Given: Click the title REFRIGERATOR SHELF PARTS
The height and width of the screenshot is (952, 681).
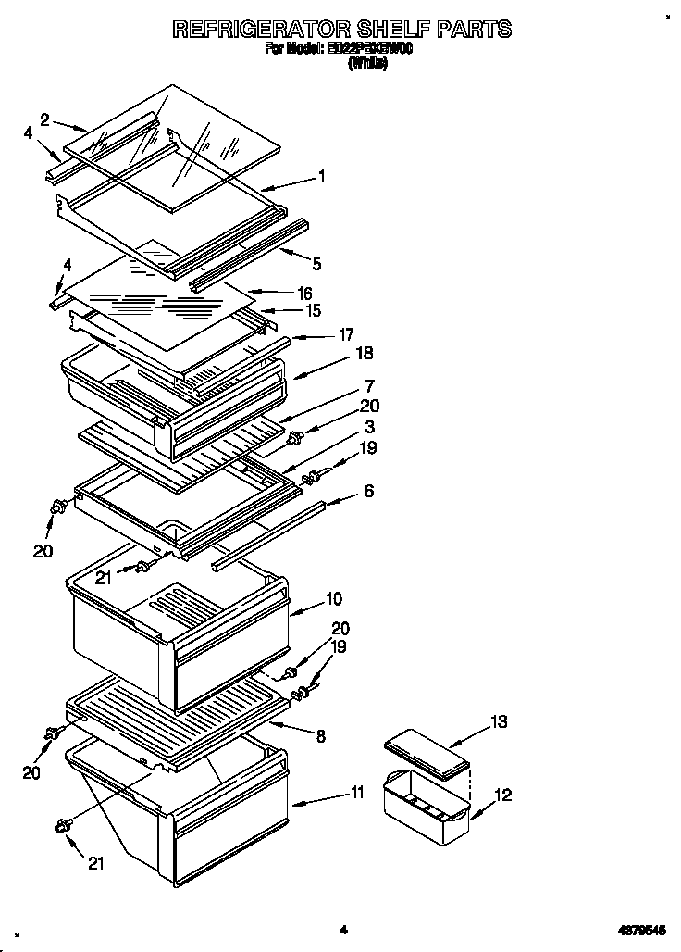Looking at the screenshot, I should click(341, 30).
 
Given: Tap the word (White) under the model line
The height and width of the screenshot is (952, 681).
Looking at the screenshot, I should click(367, 64).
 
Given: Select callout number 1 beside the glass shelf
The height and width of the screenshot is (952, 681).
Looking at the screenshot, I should click(321, 175).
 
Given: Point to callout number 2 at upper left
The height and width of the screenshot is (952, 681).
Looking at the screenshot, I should click(43, 118).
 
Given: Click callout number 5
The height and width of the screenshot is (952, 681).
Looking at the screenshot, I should click(316, 264).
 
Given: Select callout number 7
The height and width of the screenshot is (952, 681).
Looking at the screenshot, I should click(368, 385).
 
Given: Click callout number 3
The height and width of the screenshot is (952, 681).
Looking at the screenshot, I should click(368, 426).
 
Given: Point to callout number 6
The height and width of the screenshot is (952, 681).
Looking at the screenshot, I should click(368, 491).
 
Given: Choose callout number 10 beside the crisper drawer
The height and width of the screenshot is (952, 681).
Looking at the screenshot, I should click(332, 597).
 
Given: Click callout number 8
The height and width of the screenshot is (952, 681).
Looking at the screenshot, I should click(321, 737).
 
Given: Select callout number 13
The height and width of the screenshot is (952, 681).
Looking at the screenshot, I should click(499, 721).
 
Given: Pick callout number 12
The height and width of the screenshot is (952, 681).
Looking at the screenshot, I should click(502, 795).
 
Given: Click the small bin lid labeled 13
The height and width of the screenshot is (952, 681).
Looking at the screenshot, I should click(426, 748).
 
